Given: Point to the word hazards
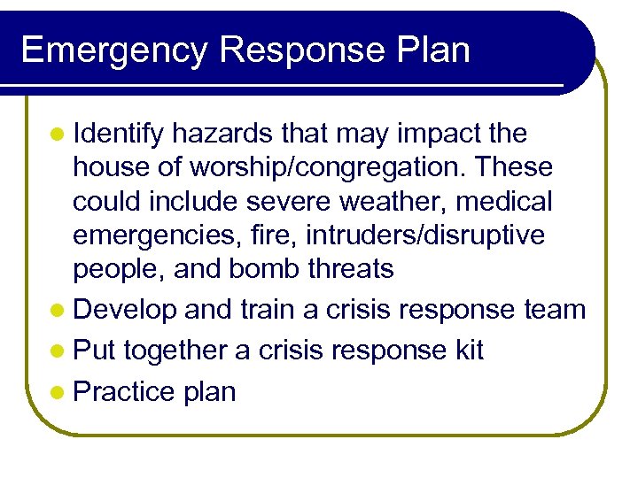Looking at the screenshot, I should pyautogui.click(x=223, y=135).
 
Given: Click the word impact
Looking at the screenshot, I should pyautogui.click(x=435, y=135).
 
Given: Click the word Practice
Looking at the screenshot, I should pyautogui.click(x=125, y=391).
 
